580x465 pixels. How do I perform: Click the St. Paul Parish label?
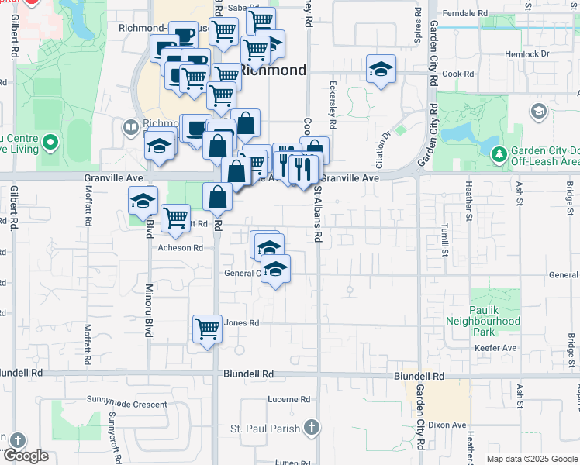tap(264, 429)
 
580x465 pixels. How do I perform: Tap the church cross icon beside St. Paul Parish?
tap(311, 428)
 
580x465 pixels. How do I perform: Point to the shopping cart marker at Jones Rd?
tap(208, 329)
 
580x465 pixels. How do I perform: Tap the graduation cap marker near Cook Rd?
tap(381, 70)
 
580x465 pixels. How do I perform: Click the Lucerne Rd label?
tap(289, 400)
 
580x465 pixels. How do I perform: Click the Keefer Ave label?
tap(495, 349)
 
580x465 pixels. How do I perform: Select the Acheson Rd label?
tap(180, 248)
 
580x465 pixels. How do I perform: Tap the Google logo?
tap(26, 456)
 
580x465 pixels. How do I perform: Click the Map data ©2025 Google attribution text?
tap(532, 459)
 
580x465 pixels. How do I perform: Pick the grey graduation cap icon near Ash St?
tap(537, 112)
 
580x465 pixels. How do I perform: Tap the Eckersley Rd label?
tap(332, 105)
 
